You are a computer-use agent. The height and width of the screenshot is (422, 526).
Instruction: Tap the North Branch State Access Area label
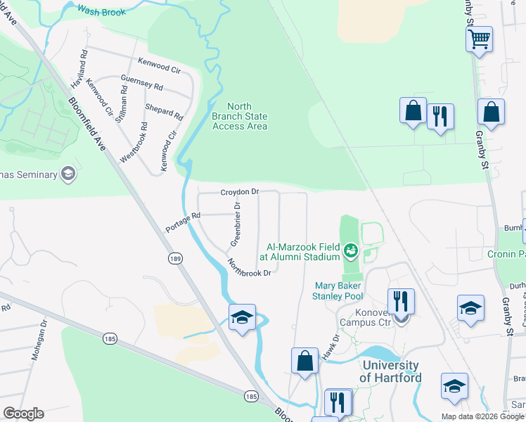pos(240,116)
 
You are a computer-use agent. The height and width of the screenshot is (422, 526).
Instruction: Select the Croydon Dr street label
pos(240,191)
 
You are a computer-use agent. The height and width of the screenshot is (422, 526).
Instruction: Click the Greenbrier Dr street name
pos(235,224)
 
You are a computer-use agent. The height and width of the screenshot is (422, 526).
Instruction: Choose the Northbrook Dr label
pos(249,268)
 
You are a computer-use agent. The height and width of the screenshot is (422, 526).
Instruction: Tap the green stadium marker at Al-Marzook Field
pos(350,249)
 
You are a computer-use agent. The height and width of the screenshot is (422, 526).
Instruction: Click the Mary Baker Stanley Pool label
pos(338,291)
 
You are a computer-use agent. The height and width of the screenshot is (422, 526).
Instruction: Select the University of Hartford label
pos(390,371)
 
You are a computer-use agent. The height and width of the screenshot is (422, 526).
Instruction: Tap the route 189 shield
pos(175,259)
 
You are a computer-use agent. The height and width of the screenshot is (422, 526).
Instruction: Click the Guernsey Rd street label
pos(141,82)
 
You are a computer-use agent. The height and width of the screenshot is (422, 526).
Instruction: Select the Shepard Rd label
pos(164,111)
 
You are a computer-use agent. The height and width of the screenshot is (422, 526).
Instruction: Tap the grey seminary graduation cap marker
pos(68,174)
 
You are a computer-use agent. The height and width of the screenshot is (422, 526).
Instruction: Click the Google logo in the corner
pos(23,414)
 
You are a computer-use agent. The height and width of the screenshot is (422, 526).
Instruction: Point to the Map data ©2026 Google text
pos(481,416)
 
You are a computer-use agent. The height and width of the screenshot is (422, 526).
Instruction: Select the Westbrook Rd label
pos(134,143)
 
